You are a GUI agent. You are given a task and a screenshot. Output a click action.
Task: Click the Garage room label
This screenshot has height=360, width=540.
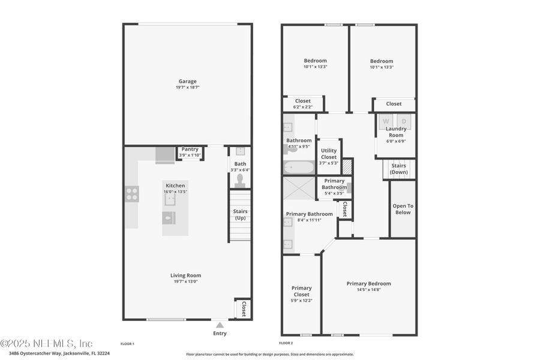click(x=187, y=81)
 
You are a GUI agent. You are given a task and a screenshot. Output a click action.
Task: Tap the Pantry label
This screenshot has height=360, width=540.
click(x=190, y=149)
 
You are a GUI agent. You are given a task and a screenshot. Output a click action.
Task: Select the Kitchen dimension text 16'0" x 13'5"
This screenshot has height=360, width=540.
click(x=176, y=192)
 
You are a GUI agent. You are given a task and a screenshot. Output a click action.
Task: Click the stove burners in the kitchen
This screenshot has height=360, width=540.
click(x=132, y=194)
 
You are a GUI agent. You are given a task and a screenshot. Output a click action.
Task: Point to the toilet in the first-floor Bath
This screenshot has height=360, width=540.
click(x=240, y=179)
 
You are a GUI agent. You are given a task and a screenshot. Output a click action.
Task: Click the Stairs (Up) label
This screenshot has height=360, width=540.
click(x=240, y=214)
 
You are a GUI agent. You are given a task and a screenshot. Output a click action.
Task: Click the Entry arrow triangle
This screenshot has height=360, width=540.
click(x=220, y=325)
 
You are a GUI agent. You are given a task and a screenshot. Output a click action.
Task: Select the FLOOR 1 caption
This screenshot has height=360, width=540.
click(x=127, y=344)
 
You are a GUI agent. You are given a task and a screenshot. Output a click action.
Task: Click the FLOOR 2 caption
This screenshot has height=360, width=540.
click(x=286, y=343)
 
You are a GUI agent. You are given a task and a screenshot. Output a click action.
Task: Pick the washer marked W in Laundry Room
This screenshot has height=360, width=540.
click(x=385, y=121)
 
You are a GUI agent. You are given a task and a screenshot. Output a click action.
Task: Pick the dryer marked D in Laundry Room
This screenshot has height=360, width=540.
click(x=404, y=121)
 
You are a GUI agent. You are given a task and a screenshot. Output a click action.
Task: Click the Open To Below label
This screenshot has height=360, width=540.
click(x=403, y=209)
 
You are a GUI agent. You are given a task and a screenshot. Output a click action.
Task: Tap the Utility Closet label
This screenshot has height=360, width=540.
click(x=329, y=154)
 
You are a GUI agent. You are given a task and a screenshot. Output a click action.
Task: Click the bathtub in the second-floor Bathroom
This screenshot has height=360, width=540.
click(x=299, y=167)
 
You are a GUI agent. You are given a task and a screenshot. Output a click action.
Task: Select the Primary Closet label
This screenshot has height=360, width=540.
click(x=302, y=291)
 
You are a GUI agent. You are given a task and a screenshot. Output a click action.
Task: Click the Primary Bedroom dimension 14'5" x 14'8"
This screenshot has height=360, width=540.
click(x=368, y=290)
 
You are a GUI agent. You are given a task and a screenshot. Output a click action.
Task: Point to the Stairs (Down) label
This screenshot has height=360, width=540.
click(x=399, y=169)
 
